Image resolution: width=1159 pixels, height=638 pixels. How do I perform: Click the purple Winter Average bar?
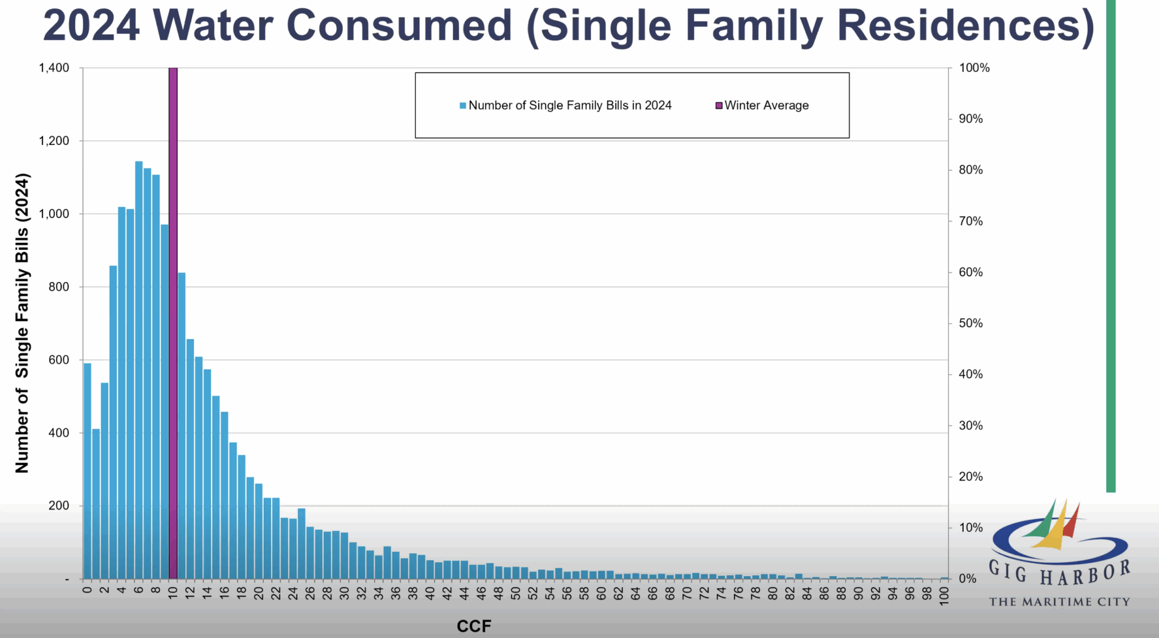point(173,323)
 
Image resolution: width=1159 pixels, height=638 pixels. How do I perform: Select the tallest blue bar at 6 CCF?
point(139,370)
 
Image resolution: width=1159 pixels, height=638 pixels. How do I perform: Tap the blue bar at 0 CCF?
point(87,471)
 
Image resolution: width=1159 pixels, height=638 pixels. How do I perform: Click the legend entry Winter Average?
point(762,105)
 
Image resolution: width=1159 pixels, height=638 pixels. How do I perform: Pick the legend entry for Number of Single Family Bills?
point(565,105)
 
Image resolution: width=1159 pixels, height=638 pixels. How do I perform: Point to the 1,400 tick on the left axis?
point(54,68)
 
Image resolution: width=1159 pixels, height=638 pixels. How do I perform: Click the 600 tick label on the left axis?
point(59,360)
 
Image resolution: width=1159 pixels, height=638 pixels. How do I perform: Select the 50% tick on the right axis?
point(971,323)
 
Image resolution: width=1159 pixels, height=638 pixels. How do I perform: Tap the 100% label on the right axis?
point(975,68)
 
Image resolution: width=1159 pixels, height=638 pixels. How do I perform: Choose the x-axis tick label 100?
point(944,596)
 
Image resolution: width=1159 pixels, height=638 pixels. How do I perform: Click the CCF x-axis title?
point(474,626)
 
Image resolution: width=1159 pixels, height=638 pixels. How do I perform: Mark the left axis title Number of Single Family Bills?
point(22,323)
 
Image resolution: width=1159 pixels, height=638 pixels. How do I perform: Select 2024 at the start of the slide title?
point(91,25)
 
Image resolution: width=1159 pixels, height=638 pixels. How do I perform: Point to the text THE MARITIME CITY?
point(1059,602)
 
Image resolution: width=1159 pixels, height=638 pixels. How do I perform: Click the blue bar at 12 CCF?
point(190,459)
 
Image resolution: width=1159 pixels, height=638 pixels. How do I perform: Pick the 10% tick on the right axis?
point(971,528)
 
